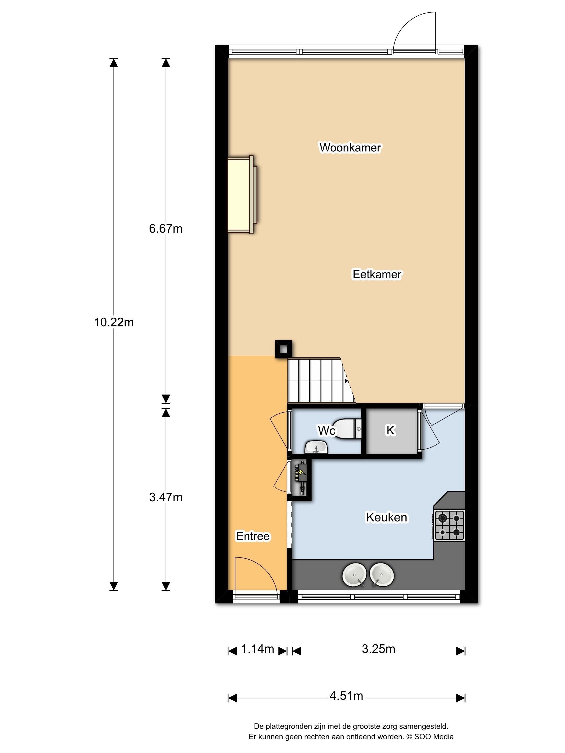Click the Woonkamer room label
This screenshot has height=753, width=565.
click(x=350, y=147)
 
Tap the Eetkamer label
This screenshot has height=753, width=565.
click(x=377, y=274)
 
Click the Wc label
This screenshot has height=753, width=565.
click(x=327, y=430)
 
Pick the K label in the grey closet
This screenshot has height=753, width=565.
click(x=390, y=430)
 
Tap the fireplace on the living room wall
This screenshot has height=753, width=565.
click(x=242, y=194)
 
